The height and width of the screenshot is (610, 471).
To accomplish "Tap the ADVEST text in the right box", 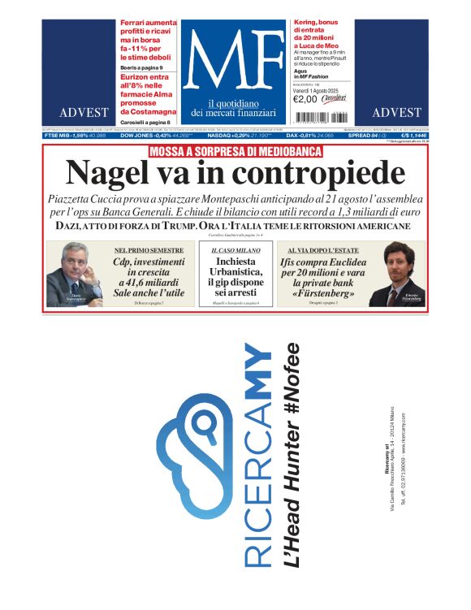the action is (x=396, y=112).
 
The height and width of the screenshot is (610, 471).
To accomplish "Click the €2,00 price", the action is (x=305, y=99).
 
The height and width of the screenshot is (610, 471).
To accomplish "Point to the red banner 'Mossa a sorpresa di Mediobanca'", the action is (x=235, y=151).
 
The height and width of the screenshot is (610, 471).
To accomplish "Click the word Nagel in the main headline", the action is (x=107, y=173).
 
